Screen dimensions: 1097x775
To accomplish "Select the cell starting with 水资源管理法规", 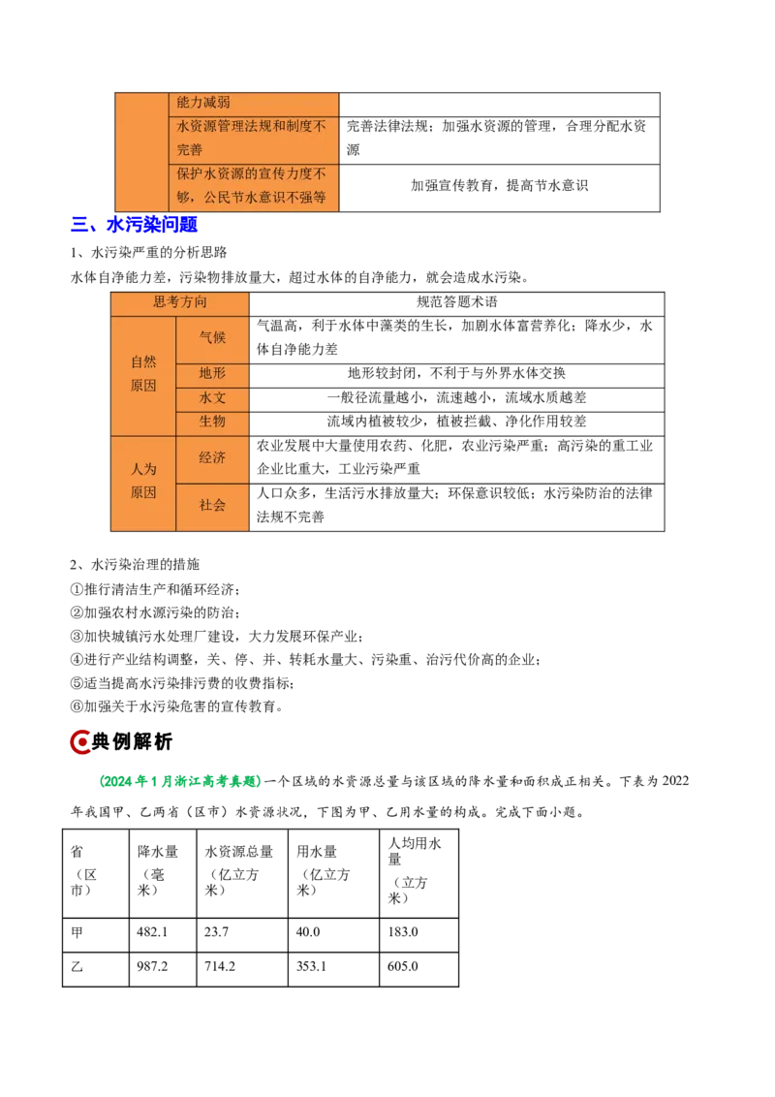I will [254, 138].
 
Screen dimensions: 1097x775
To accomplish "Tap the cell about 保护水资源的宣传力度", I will [254, 186].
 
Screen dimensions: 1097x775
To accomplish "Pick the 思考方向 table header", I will [180, 302].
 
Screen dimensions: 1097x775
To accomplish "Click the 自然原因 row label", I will [143, 374].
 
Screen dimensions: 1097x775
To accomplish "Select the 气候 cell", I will [212, 338].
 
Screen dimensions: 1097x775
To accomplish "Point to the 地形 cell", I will [212, 373].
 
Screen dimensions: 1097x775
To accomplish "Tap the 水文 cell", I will [212, 397].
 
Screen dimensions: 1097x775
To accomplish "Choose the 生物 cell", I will [212, 422].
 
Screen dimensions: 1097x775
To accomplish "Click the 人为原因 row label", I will [143, 481].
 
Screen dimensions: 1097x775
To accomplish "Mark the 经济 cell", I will [212, 457].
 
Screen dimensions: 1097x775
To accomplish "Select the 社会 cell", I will [212, 505].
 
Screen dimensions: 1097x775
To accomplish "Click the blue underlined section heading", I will [135, 226].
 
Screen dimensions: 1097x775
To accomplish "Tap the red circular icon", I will [80, 743].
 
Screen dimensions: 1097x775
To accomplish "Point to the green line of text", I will [179, 781].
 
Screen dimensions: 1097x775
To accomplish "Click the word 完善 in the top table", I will [191, 150].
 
